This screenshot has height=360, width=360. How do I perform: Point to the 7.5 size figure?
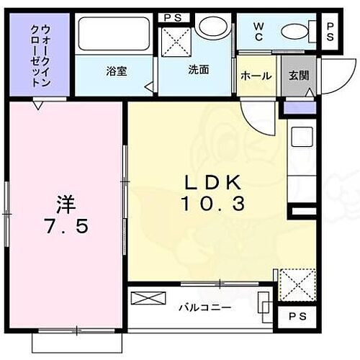coord(66,226)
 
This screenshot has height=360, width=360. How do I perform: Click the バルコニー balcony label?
coord(205,307)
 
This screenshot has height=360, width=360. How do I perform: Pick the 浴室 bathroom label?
coord(116,71)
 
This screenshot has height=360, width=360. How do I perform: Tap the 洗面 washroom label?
coord(199,71)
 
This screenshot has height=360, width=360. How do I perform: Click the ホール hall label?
coord(256,76)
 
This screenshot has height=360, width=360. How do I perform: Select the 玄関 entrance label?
coord(298,76)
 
